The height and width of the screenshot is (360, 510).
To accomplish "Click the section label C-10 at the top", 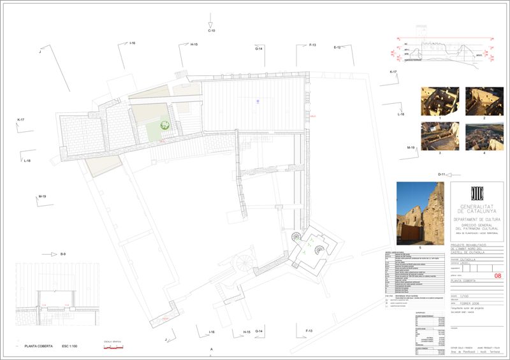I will click(212, 31).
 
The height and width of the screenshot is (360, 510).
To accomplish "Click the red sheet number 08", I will click(497, 275).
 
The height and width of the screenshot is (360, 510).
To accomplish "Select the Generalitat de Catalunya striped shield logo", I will click(476, 193).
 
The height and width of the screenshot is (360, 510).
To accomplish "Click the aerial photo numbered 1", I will click(439, 101).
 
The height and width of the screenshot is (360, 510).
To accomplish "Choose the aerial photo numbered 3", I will click(439, 136).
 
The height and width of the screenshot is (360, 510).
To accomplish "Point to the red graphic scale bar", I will click(113, 347).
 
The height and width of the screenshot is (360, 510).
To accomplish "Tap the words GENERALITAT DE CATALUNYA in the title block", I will click(476, 208).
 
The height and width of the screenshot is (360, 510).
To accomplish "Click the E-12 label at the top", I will click(338, 47).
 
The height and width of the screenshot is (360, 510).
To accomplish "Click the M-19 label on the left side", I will click(42, 196).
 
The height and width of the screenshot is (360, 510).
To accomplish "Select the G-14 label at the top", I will click(259, 48).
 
